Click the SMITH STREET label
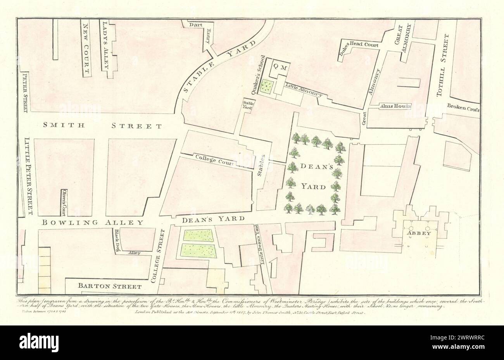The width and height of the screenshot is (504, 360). click(102, 126)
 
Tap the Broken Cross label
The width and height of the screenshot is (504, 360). click(463, 109)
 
